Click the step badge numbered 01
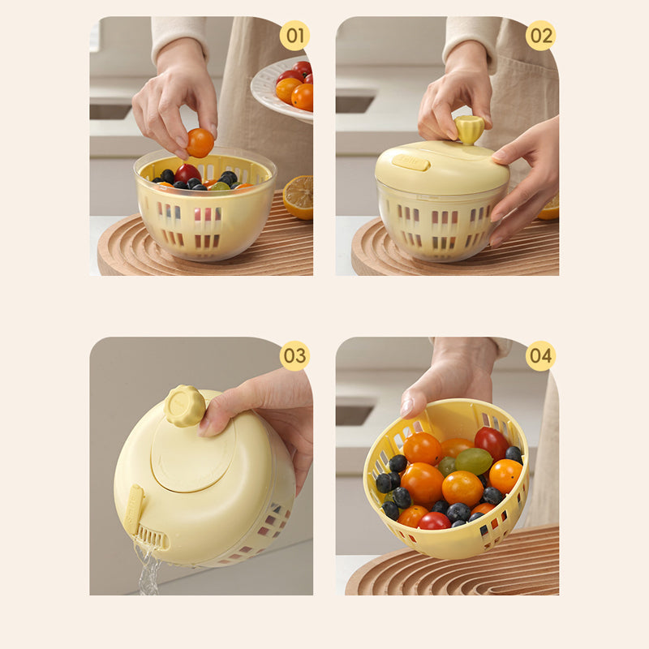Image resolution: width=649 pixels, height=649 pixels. coord(294,36)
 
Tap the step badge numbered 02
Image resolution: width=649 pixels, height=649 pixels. coord(540,36)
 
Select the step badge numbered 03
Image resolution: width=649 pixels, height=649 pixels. coord(294,355)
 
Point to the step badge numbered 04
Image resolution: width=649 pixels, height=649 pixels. coord(540,355)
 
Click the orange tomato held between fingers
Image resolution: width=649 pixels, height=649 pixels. coord(200,143)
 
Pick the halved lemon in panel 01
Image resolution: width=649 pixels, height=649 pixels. coord(299,197)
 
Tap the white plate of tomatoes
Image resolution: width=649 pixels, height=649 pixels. coord(282,89)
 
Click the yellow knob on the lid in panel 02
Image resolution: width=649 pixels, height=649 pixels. coord(469,129)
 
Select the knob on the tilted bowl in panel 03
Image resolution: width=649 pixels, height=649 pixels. coord(185,406)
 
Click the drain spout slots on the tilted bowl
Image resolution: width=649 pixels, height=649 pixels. coord(151,537)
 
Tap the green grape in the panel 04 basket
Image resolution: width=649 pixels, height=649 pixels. coord(474,461)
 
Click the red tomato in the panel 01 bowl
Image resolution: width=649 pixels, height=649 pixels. coord(187,173)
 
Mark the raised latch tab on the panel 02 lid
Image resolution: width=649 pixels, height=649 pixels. coord(411,163)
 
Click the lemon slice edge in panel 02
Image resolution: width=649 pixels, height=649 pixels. coord(548,208)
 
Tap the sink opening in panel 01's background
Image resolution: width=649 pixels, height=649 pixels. coord(110,111)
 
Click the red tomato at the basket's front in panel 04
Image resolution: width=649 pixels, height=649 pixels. coord(434,521)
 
